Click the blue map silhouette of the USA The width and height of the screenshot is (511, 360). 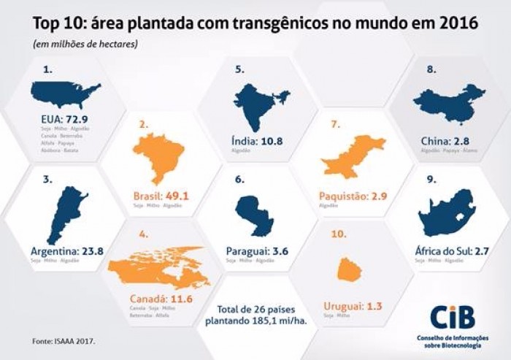tap(65, 94)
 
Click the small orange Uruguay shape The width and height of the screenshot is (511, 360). tap(350, 269)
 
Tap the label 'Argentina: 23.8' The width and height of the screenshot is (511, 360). tap(65, 250)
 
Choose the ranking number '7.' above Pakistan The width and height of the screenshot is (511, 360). tap(336, 124)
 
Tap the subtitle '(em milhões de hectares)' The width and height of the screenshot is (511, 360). tap(83, 45)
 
